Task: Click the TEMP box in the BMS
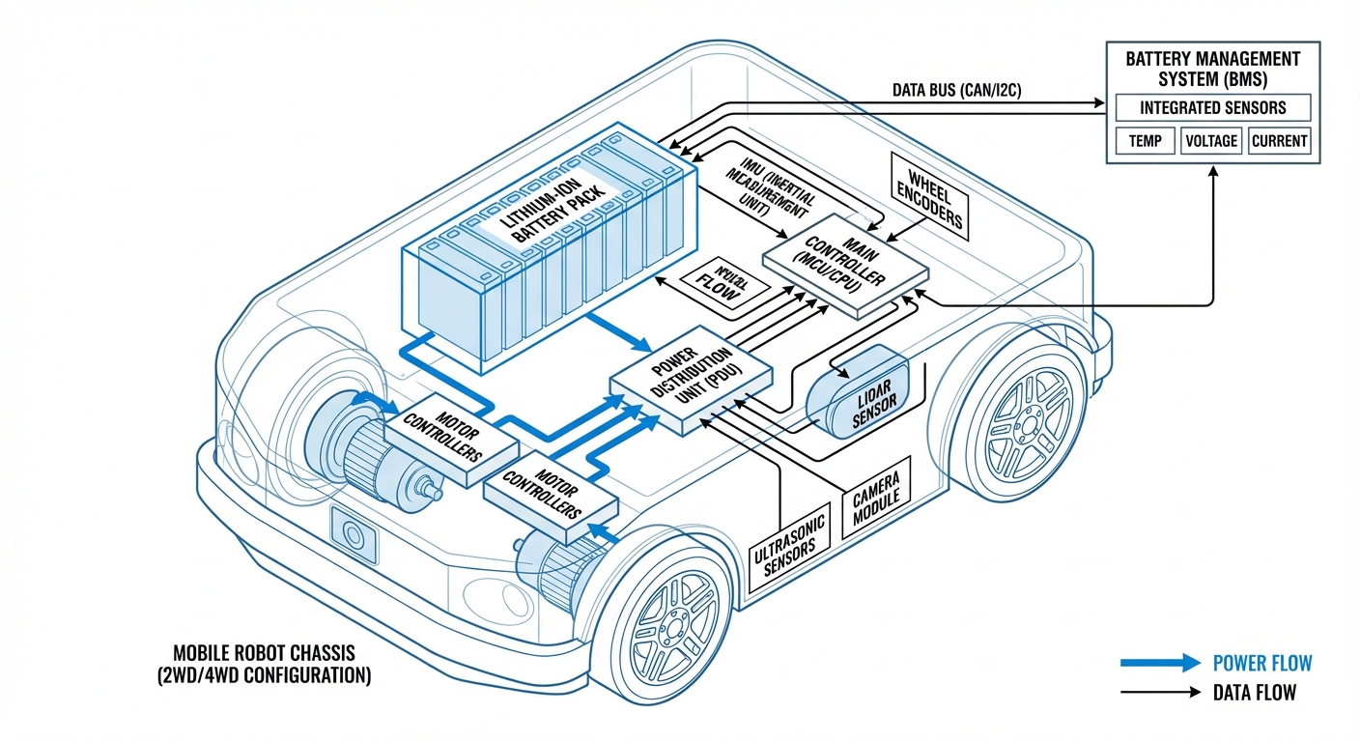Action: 1145,140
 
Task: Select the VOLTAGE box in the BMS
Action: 1211,140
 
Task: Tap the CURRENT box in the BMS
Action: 1279,140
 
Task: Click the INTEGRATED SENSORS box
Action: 1211,107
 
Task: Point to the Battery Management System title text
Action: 1212,69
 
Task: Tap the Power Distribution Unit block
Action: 691,384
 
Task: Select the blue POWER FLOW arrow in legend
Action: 1159,663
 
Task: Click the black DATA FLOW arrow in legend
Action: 1159,693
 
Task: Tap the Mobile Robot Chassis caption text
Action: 263,664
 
